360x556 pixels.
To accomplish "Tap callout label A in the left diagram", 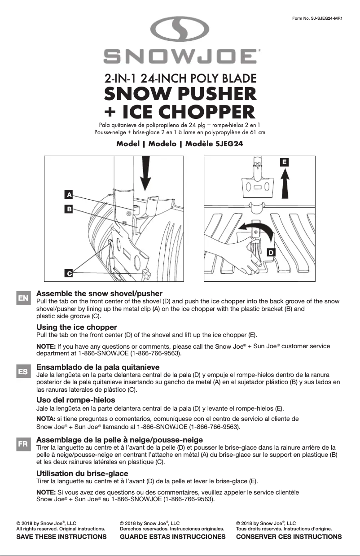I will click(69, 195).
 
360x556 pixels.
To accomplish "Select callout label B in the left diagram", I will click(69, 209).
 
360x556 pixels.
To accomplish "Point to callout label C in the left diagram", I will click(69, 273).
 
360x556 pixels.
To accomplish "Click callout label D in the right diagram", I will click(271, 253).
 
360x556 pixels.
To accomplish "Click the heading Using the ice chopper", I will click(76, 327).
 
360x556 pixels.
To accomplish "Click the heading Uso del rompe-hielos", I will click(75, 400).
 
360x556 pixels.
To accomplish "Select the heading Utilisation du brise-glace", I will click(82, 473).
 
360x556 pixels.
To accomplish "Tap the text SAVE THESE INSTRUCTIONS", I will click(61, 537).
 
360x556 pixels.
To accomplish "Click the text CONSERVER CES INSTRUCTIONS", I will click(289, 537).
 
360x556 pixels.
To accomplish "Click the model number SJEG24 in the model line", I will click(228, 144).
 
